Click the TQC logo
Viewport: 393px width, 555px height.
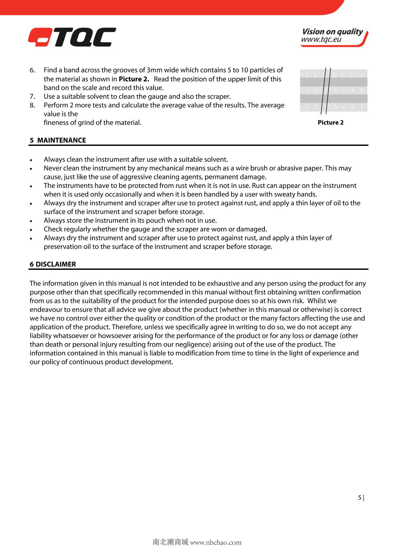[72, 37]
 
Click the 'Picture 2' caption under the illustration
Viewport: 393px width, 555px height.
[330, 123]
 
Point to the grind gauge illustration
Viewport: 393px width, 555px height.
[333, 90]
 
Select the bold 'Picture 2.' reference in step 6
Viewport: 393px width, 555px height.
[134, 79]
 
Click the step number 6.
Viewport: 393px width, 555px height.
[32, 70]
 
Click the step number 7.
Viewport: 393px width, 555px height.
[32, 97]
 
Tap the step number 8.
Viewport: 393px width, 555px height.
[32, 105]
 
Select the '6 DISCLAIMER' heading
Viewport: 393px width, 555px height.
[53, 264]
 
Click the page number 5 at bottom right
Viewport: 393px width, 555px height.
[360, 498]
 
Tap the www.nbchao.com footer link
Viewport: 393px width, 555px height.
[216, 543]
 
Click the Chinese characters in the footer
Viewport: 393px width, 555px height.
[170, 542]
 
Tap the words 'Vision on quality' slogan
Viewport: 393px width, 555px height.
[332, 32]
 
